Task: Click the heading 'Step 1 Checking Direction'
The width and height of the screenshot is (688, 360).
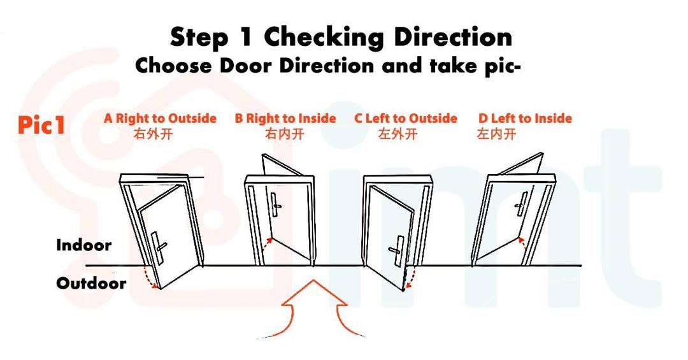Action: pos(341,37)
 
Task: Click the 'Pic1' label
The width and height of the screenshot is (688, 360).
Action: pos(41,125)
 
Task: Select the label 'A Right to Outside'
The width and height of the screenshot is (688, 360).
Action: pos(160,119)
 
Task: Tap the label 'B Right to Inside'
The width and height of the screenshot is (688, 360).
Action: pos(285,119)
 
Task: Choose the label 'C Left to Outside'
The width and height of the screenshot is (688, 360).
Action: pos(406,119)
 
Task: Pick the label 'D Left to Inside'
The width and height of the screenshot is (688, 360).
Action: pos(525,119)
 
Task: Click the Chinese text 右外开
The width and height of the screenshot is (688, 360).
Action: pos(153,134)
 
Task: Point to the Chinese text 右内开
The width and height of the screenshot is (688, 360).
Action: pos(284,134)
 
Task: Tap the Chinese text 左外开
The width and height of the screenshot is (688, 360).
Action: pos(398,134)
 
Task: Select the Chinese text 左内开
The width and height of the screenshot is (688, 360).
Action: pos(496,134)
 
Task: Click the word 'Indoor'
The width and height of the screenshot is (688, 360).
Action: pos(83,245)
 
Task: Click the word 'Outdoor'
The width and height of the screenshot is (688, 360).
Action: pos(91,284)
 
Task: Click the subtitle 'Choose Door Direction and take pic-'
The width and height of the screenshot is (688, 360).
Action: pos(328,66)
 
